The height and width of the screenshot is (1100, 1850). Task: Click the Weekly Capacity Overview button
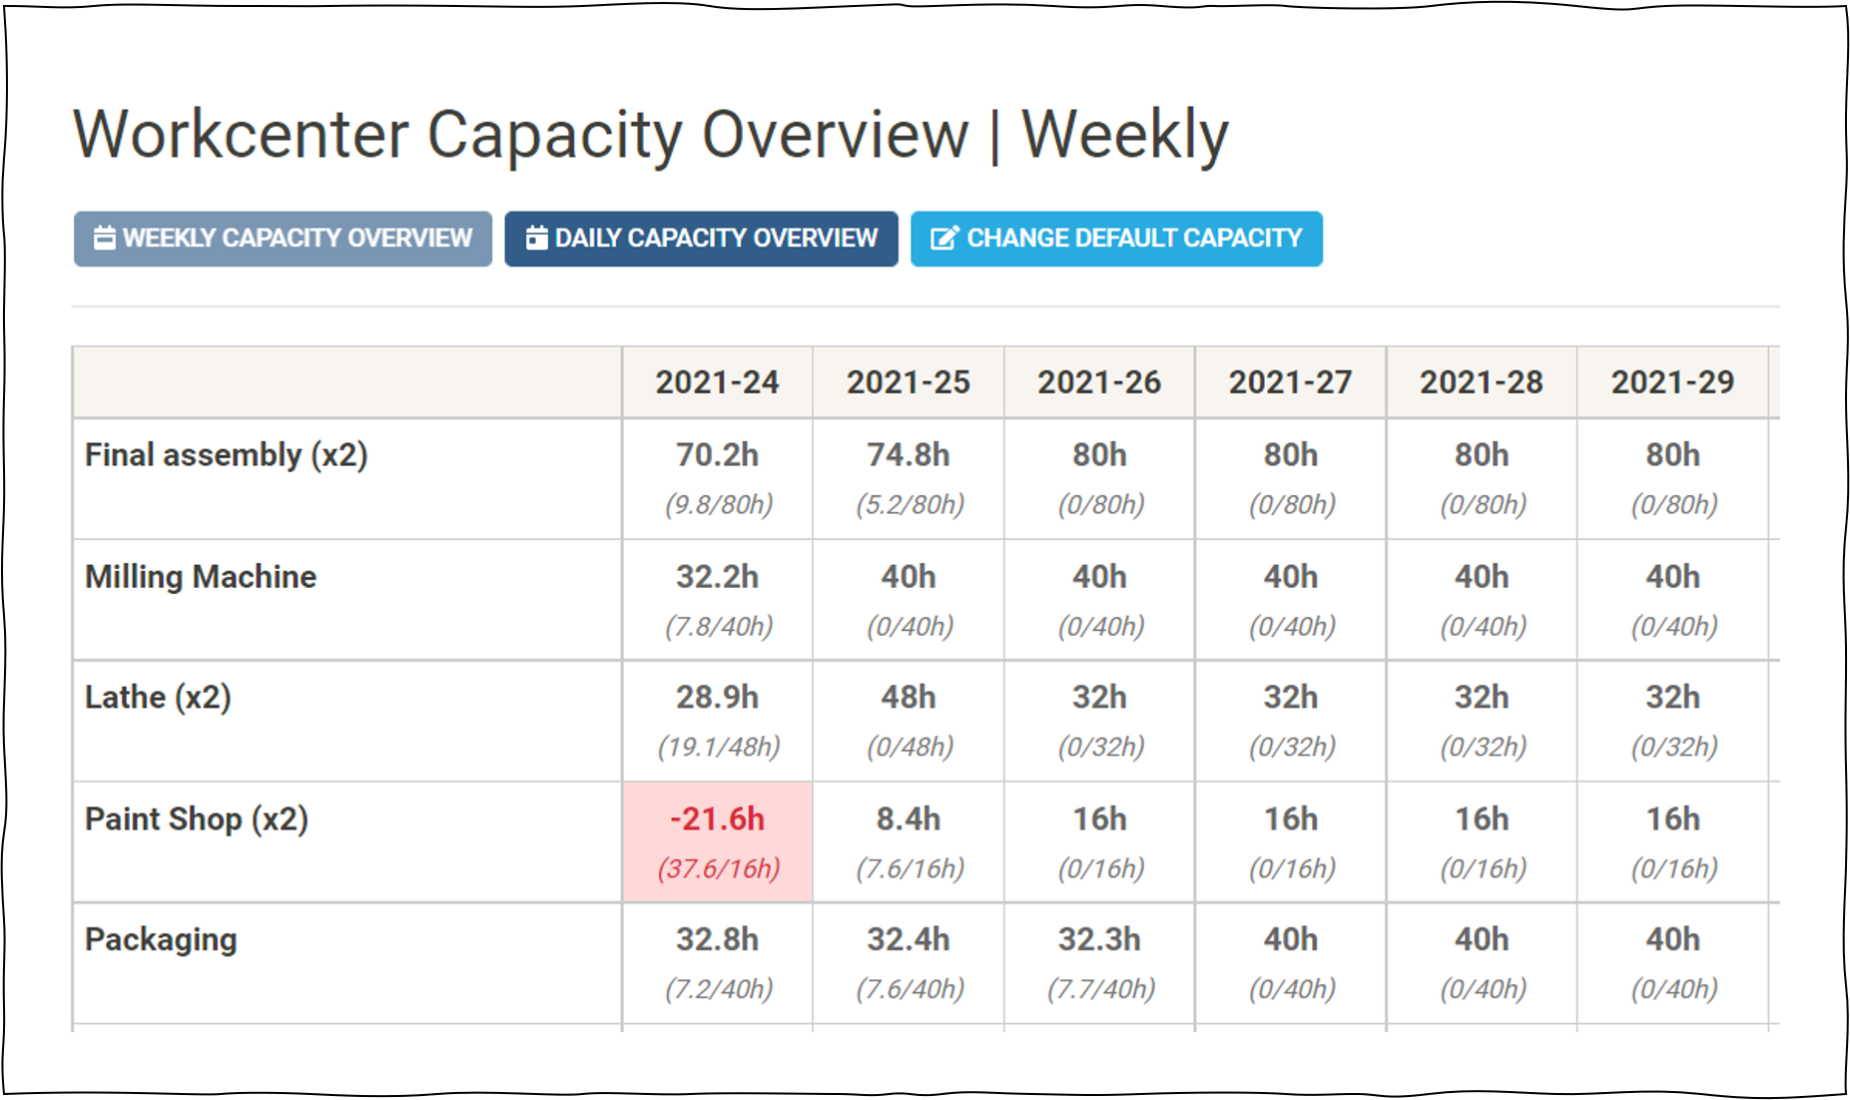click(x=283, y=239)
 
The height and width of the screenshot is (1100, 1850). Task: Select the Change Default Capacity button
click(x=1116, y=239)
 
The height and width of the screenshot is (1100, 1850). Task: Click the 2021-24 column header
click(x=717, y=382)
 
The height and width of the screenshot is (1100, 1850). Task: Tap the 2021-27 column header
click(x=1290, y=382)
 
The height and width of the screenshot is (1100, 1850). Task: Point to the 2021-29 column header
click(x=1672, y=382)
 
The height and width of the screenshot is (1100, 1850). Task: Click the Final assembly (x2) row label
click(x=227, y=455)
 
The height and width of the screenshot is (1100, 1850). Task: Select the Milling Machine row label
click(x=201, y=577)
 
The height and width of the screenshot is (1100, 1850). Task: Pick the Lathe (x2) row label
click(x=158, y=697)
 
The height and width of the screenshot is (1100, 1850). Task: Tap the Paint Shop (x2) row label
click(x=197, y=819)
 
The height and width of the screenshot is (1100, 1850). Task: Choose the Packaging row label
click(x=161, y=939)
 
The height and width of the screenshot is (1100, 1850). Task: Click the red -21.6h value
click(x=717, y=819)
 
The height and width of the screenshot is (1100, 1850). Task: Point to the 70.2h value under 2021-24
click(x=717, y=455)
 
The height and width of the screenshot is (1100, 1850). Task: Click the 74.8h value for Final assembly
click(x=908, y=455)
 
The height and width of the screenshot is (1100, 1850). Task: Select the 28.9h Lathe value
click(x=717, y=697)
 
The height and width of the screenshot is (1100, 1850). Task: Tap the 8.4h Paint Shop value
click(x=908, y=819)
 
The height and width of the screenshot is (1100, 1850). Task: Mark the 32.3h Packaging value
click(x=1099, y=939)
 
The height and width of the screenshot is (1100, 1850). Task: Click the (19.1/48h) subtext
click(x=718, y=747)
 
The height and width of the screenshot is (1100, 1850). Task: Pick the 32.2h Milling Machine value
click(x=717, y=577)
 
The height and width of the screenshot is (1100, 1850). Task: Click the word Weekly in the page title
click(x=1124, y=135)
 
